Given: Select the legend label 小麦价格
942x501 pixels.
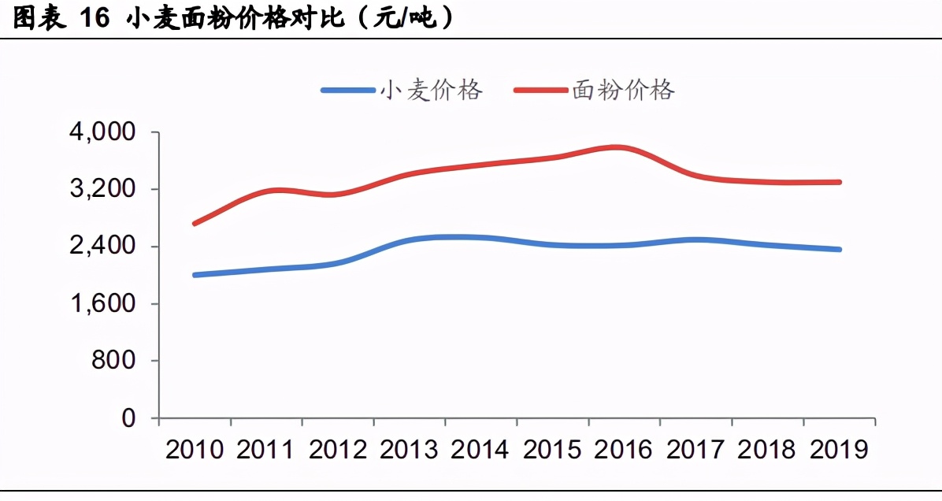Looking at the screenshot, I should [x=431, y=90].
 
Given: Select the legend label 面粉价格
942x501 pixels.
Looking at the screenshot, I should [x=623, y=90].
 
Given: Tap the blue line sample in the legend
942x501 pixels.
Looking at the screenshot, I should [x=348, y=91].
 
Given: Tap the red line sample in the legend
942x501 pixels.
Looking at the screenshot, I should [x=540, y=91].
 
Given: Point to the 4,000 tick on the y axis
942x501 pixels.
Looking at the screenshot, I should [x=102, y=132].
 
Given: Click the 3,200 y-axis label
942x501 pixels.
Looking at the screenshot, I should [x=102, y=190].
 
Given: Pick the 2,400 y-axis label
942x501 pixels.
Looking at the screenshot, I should [x=102, y=247].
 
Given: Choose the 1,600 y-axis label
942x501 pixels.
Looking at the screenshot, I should [x=102, y=304].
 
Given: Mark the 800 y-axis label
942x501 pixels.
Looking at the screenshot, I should [x=114, y=361].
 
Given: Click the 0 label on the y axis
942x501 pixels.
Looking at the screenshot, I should [x=128, y=418].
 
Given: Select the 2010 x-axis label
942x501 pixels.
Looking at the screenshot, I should [x=195, y=450].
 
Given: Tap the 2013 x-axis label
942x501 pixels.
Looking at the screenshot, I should [x=410, y=450].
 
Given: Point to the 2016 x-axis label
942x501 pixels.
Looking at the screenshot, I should [x=624, y=450].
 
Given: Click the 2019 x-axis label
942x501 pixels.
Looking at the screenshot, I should [x=839, y=450].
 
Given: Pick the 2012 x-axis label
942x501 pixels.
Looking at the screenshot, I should [x=338, y=450].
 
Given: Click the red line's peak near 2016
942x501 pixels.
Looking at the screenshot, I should [x=616, y=147].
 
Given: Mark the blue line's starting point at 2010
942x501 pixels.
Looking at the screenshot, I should [x=195, y=275].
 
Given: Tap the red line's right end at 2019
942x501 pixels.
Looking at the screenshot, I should [x=840, y=182].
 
